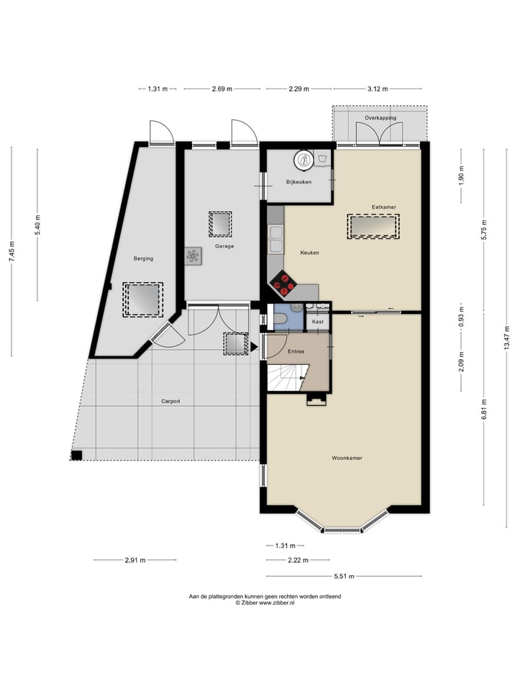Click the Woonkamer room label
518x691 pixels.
tap(347, 458)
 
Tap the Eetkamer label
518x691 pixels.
tap(383, 207)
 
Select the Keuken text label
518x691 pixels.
tap(309, 253)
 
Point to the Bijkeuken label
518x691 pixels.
tap(299, 182)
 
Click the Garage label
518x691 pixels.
tap(224, 246)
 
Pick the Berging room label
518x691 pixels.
tap(143, 258)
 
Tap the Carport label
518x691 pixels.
tap(171, 401)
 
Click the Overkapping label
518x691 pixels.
tap(380, 117)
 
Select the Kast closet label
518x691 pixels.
tap(317, 322)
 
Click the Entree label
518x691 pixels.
tap(296, 351)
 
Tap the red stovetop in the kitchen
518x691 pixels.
tap(282, 283)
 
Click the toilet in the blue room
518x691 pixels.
tap(281, 317)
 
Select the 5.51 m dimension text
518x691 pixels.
tap(345, 576)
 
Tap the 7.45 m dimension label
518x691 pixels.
tap(12, 252)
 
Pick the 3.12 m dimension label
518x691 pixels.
tap(378, 89)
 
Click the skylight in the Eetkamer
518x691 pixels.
tap(373, 227)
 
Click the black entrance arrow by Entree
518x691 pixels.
tap(254, 347)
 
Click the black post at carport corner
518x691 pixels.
tap(77, 455)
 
